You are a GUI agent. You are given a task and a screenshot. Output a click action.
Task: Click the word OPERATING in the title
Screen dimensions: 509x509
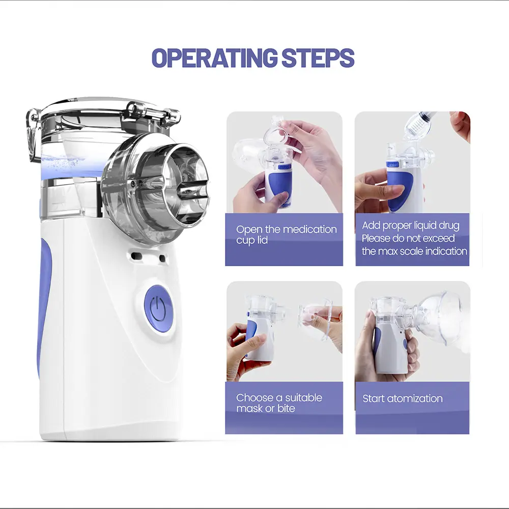215,58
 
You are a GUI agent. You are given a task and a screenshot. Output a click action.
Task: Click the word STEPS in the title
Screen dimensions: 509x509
318,58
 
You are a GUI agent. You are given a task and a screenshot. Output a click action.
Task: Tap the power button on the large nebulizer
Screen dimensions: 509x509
158,308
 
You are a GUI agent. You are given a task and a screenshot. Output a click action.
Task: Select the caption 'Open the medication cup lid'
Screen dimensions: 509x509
286,235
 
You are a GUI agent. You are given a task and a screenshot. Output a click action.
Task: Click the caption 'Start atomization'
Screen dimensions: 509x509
403,399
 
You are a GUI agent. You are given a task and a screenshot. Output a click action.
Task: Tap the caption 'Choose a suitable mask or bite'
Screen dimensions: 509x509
279,403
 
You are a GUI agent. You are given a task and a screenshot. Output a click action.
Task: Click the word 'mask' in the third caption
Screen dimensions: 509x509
249,408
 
